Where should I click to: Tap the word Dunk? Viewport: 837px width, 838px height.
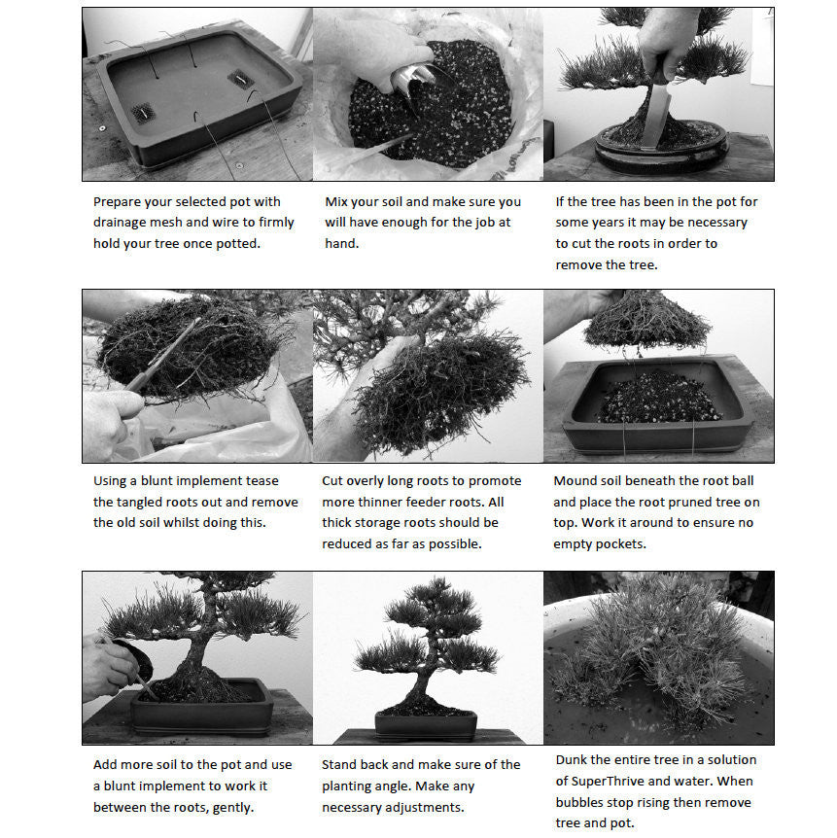pyautogui.click(x=574, y=759)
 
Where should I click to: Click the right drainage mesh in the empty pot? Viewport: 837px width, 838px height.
pyautogui.click(x=239, y=79)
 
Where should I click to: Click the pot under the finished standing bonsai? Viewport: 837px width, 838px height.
pyautogui.click(x=426, y=725)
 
